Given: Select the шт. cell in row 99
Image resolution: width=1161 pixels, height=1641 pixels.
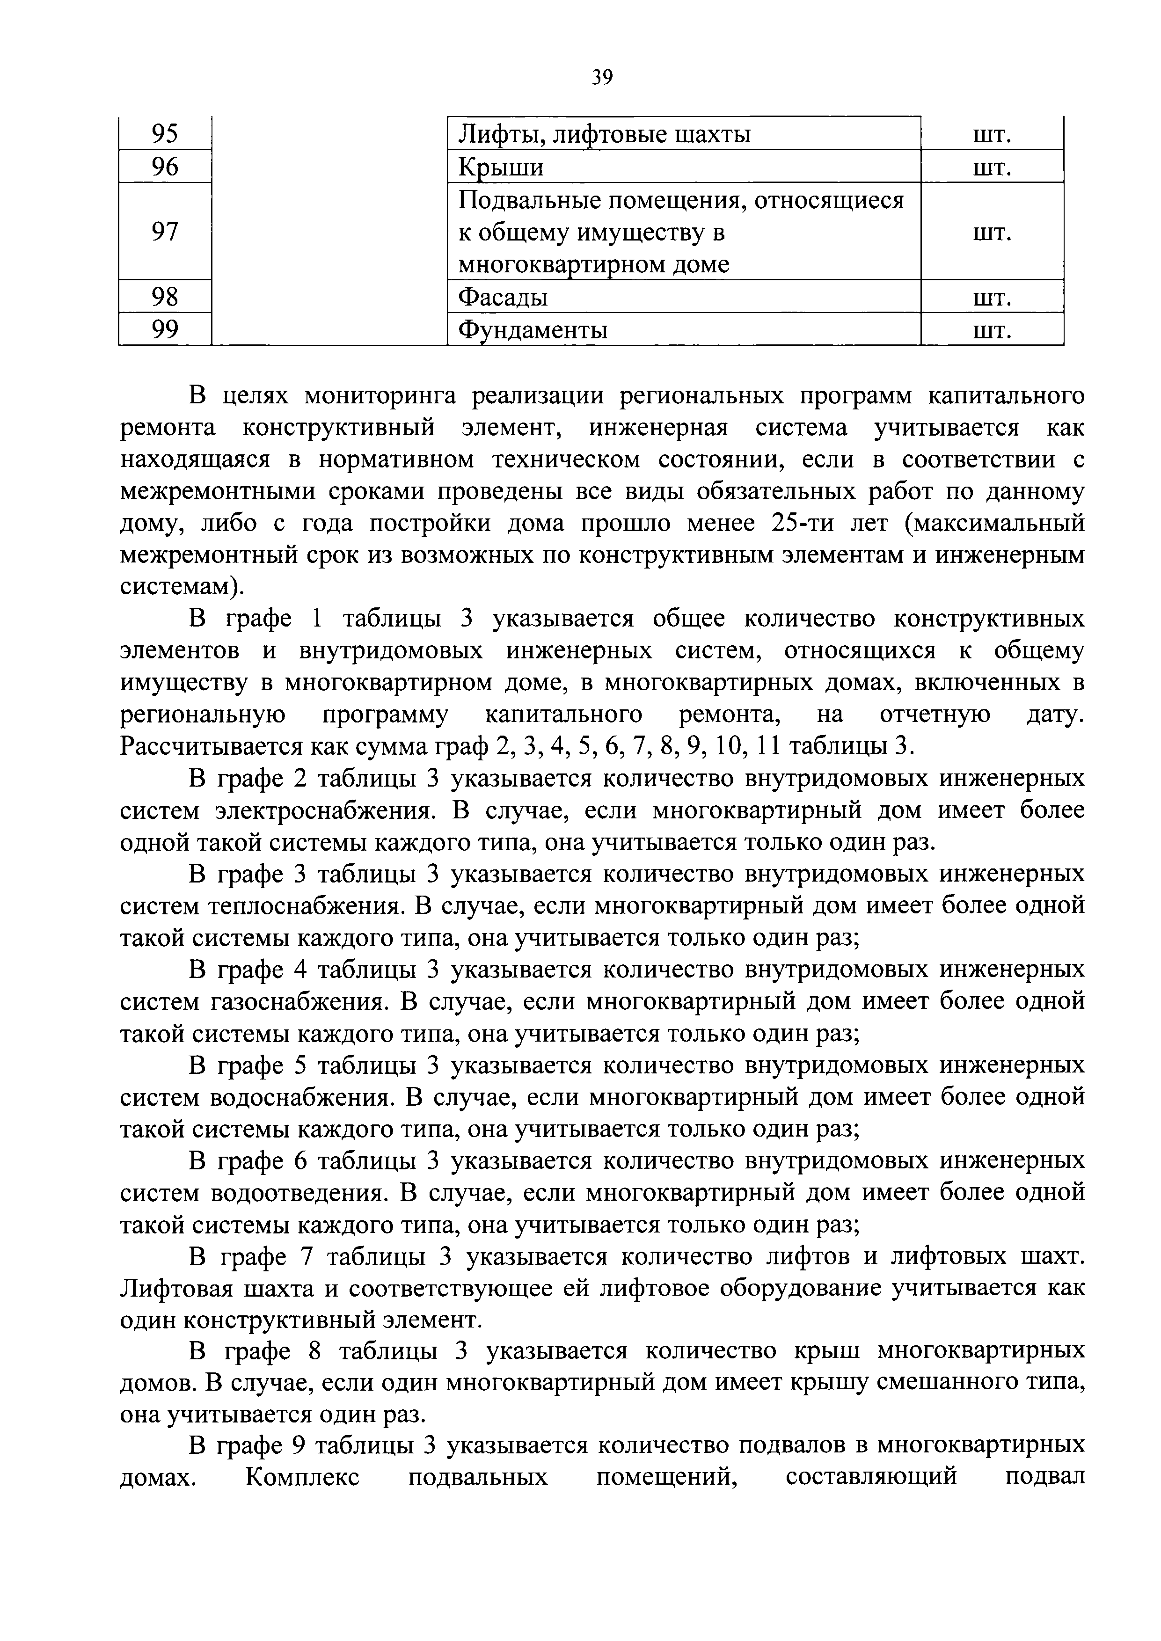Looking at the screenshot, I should click(x=992, y=329).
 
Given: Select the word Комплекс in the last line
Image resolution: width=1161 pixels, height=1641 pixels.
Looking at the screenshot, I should click(x=302, y=1480).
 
